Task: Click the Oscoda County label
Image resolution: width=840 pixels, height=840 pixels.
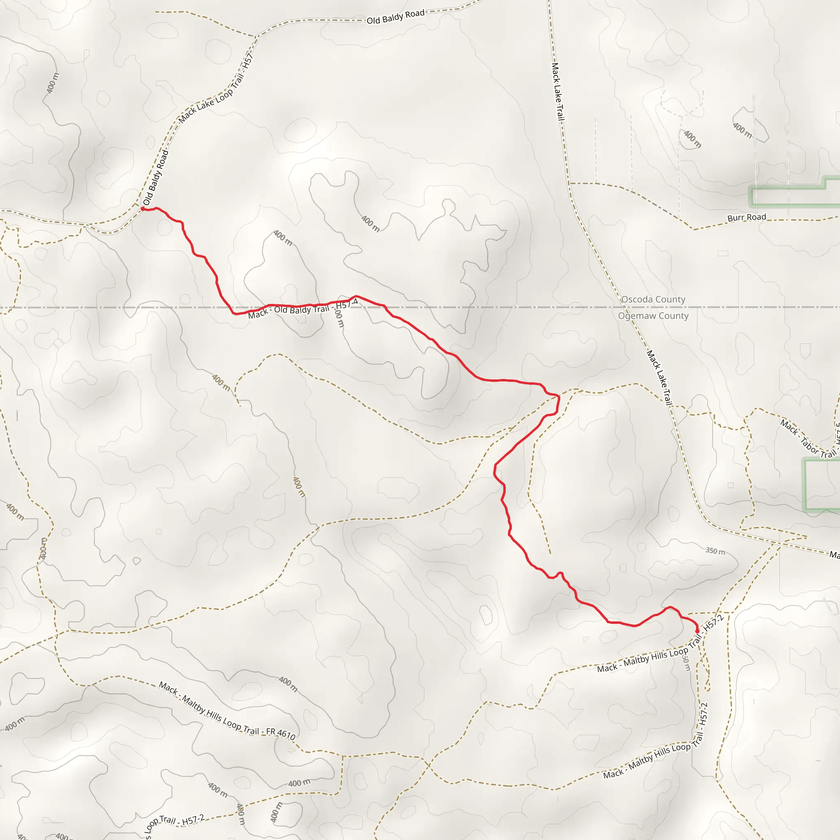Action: point(653,299)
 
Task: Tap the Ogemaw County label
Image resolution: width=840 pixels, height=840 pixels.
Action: point(653,316)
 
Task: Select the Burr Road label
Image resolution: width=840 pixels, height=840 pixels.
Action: point(746,217)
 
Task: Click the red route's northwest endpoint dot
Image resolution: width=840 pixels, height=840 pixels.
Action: point(143,209)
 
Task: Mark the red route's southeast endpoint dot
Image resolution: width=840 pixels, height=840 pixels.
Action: point(697,631)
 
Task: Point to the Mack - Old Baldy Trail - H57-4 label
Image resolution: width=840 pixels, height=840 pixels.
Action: point(303,309)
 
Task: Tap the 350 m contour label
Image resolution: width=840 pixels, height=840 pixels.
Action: point(715,551)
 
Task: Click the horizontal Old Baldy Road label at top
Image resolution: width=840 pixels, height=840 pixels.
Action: point(395,17)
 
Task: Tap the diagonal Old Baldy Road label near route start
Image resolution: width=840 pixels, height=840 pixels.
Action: point(155,177)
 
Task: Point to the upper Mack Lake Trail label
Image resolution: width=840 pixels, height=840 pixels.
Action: point(558,91)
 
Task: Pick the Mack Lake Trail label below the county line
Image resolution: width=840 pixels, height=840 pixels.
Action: point(660,377)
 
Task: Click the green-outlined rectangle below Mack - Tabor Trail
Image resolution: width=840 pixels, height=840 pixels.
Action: point(822,484)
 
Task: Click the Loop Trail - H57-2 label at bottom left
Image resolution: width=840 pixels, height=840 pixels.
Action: point(174,824)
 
